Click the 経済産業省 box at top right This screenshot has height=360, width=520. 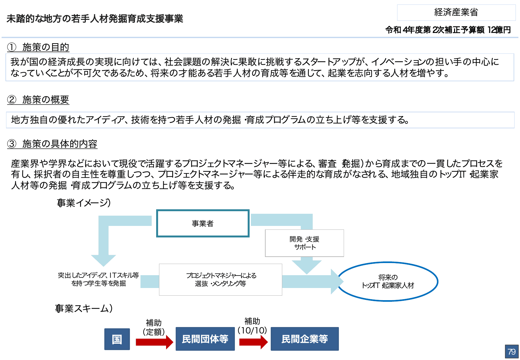(456, 12)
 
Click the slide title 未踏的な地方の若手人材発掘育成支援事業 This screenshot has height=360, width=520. (95, 19)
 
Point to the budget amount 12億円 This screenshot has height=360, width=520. (499, 30)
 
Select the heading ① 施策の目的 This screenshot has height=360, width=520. (38, 47)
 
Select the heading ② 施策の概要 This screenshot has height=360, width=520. (38, 100)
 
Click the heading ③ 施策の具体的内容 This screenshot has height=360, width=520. (52, 144)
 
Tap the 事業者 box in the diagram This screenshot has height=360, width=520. (203, 223)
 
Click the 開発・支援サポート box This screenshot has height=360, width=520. (304, 243)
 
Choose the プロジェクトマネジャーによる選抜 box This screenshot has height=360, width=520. (220, 280)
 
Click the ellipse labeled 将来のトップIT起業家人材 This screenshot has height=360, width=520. (388, 282)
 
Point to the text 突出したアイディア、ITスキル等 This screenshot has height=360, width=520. (98, 276)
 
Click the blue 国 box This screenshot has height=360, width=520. (117, 339)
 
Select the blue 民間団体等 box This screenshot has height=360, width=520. (205, 339)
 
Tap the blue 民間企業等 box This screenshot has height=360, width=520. (304, 339)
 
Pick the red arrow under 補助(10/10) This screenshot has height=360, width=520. (253, 342)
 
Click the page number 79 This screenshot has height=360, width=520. (511, 352)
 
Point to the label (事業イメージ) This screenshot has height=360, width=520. (84, 203)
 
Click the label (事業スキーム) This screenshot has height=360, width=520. (84, 308)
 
